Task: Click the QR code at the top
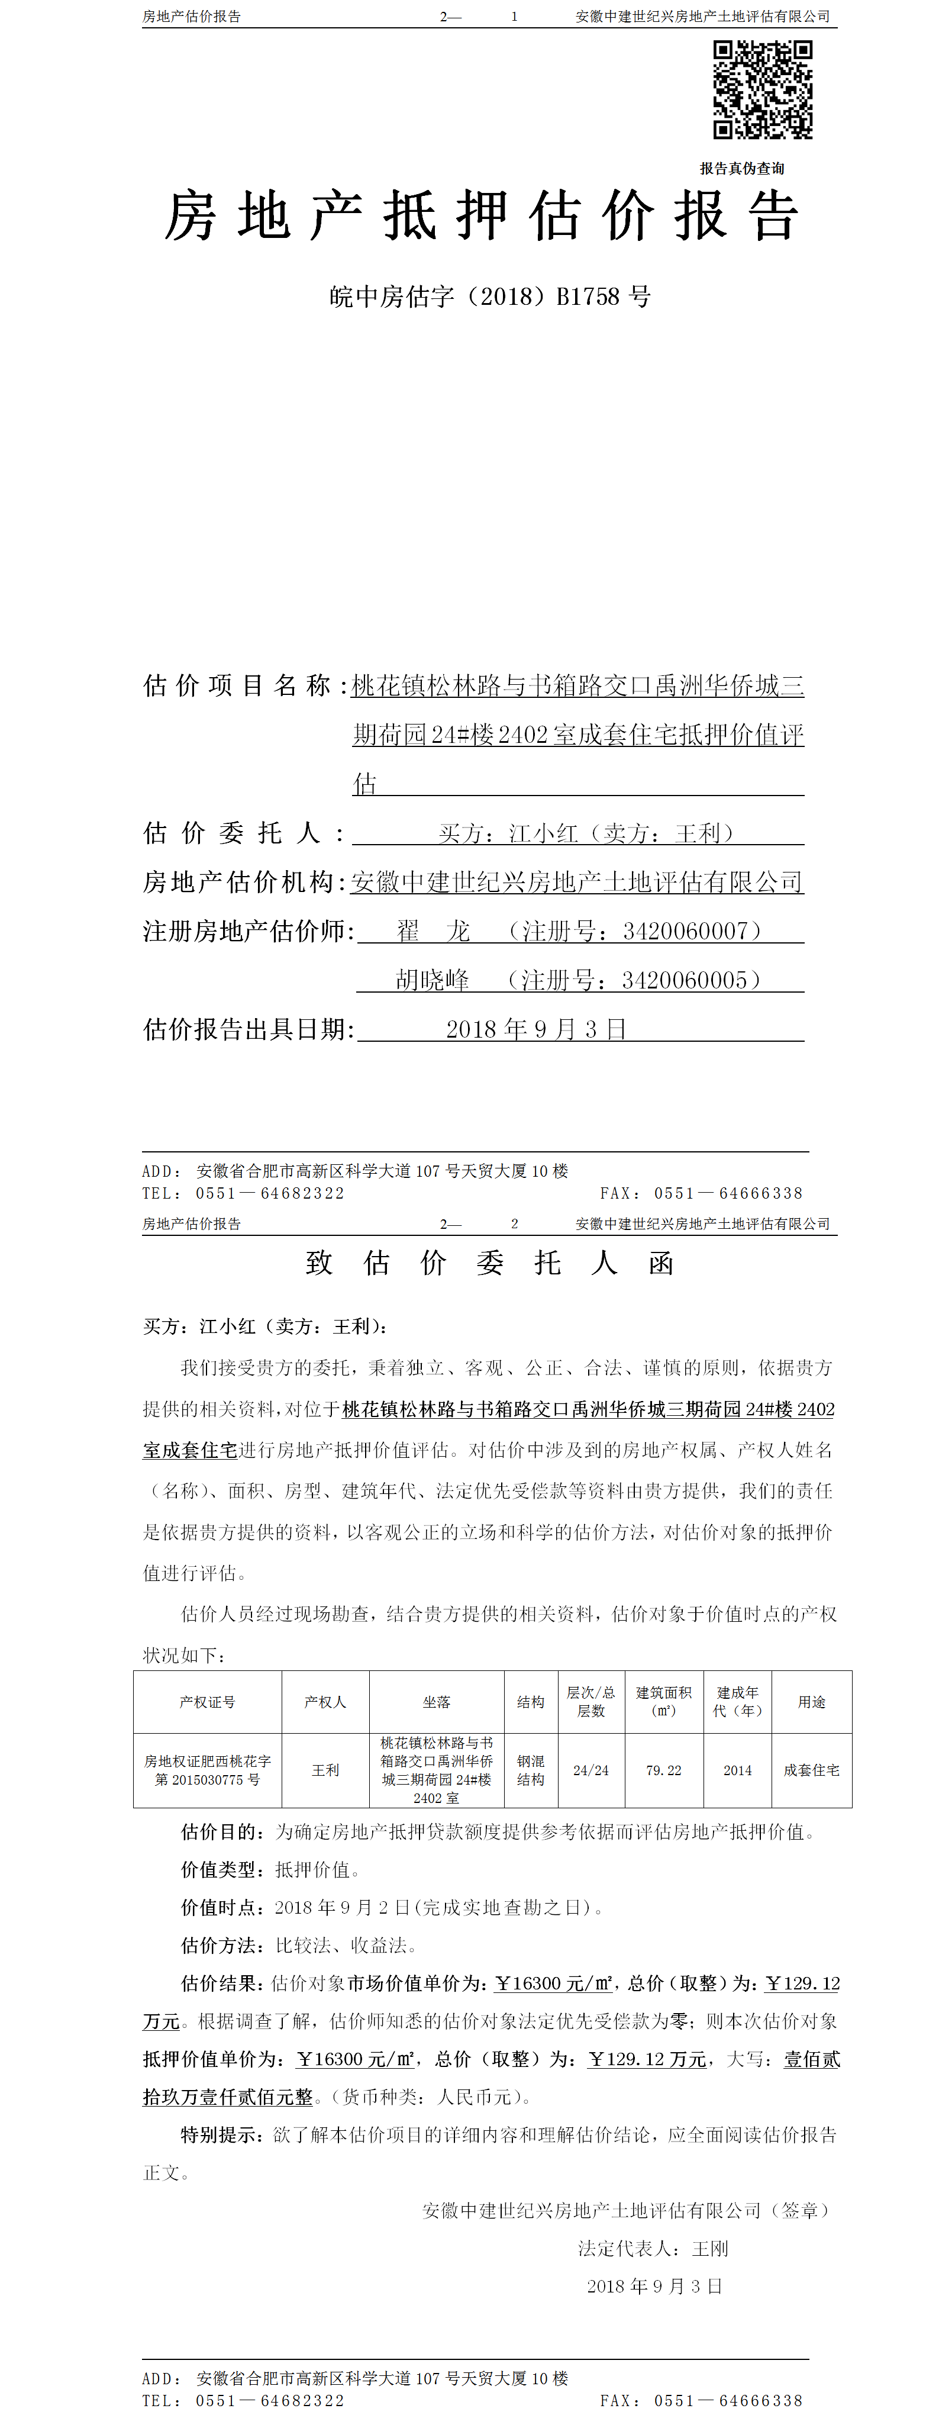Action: coord(762,90)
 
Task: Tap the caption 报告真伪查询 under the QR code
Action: coord(741,169)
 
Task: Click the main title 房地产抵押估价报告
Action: coord(482,215)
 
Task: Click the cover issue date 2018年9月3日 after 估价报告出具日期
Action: coord(536,1029)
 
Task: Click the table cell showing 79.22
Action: coord(663,1770)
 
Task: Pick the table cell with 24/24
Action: coord(590,1770)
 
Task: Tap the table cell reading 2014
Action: coord(737,1770)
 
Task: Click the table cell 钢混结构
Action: coord(530,1770)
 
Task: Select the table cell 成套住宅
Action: coord(812,1770)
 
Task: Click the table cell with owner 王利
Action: coord(325,1770)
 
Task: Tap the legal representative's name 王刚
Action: coord(709,2248)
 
